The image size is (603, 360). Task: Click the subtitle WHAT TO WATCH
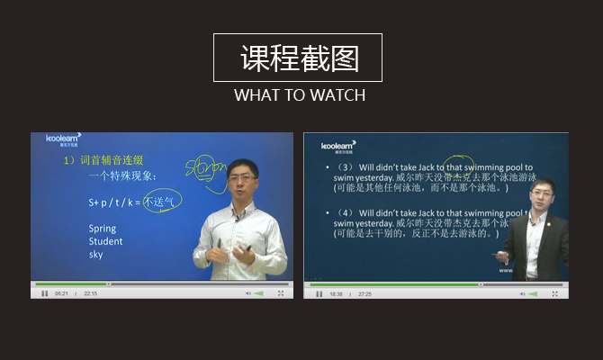(x=300, y=94)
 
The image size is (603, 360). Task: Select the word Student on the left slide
(x=105, y=241)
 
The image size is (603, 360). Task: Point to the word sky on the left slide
(x=95, y=255)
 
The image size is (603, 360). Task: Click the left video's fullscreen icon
(x=281, y=293)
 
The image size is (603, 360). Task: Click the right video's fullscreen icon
(x=554, y=293)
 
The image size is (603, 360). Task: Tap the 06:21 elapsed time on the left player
(x=61, y=293)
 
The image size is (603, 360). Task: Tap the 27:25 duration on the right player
(x=365, y=293)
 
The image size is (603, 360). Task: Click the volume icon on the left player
(x=248, y=293)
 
